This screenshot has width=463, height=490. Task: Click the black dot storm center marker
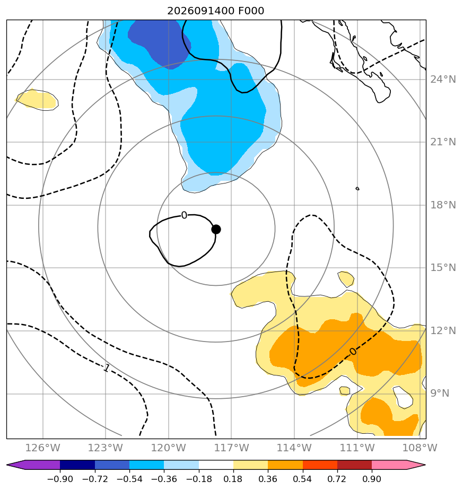[216, 230]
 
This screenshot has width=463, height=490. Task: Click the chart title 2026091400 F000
[216, 11]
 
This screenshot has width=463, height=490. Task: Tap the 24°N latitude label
[443, 80]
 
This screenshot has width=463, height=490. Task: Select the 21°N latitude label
[443, 142]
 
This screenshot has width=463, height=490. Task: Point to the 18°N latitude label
[443, 205]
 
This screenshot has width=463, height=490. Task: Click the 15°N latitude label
[443, 267]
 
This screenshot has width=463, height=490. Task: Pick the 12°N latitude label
[443, 330]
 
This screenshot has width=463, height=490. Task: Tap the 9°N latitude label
[440, 393]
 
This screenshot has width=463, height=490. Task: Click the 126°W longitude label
[42, 448]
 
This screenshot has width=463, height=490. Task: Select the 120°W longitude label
[169, 448]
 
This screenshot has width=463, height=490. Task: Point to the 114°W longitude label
[294, 448]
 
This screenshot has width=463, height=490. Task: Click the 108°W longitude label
[420, 448]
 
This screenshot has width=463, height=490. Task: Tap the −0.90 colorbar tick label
[60, 479]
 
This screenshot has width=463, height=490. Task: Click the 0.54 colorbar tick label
[303, 479]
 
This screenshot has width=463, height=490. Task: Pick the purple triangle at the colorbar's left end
[16, 465]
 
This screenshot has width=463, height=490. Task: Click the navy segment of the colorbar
[77, 465]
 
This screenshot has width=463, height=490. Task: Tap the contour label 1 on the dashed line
[107, 368]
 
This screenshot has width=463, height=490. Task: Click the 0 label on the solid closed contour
[184, 215]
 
